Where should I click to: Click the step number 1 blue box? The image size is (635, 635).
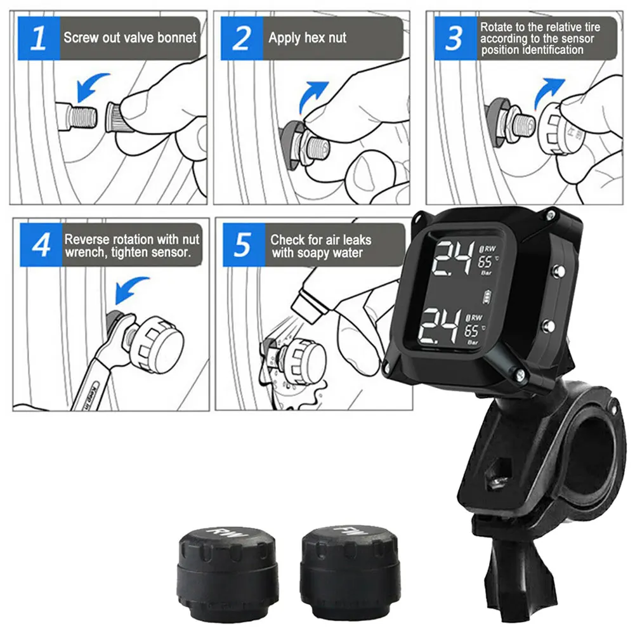coord(39,39)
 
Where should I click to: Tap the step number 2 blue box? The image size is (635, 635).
coord(242,39)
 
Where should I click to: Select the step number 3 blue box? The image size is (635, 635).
coord(454,39)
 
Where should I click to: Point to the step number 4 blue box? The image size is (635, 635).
coord(41,245)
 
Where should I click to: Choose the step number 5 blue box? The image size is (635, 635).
coord(242,245)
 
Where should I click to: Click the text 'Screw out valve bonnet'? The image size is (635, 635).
coord(130,37)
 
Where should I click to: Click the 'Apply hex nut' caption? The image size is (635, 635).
coord(308,37)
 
